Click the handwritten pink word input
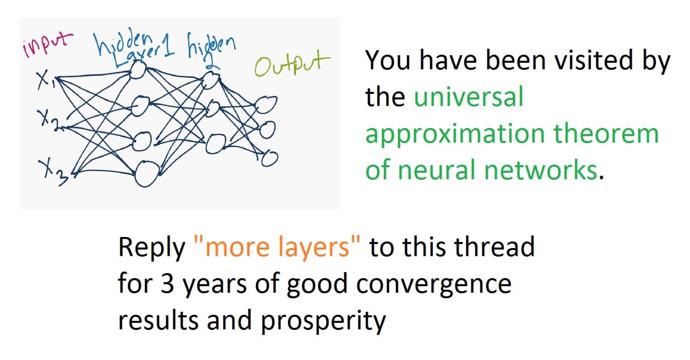(x=48, y=45)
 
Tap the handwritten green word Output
(x=292, y=64)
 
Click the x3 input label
(x=53, y=173)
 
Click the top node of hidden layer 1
(x=137, y=70)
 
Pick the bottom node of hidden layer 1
(x=147, y=174)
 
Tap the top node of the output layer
(x=266, y=105)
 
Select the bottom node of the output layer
(x=269, y=159)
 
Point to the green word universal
(x=469, y=97)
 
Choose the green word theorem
(x=606, y=134)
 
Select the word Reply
(x=152, y=249)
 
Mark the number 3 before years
(x=167, y=284)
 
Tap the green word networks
(x=540, y=170)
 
